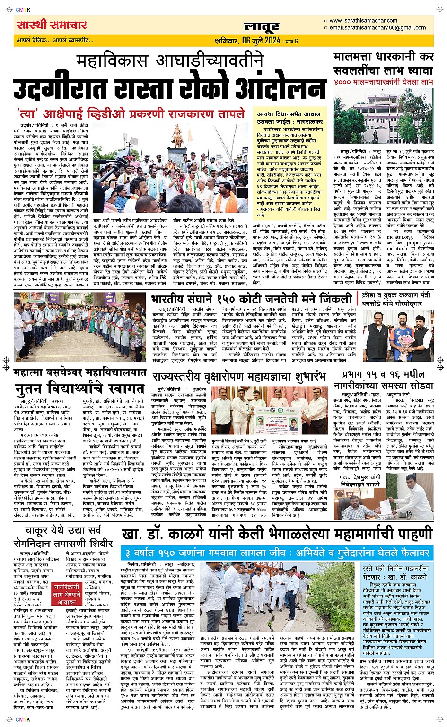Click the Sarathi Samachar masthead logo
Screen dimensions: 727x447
click(52, 25)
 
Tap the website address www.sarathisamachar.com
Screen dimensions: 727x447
click(363, 21)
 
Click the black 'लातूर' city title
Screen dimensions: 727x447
click(262, 27)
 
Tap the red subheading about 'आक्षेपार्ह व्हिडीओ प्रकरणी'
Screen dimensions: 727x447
click(131, 114)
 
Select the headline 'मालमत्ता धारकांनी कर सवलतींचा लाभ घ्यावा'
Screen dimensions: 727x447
click(384, 64)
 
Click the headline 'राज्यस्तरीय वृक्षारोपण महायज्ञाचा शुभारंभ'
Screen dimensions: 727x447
click(239, 377)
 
